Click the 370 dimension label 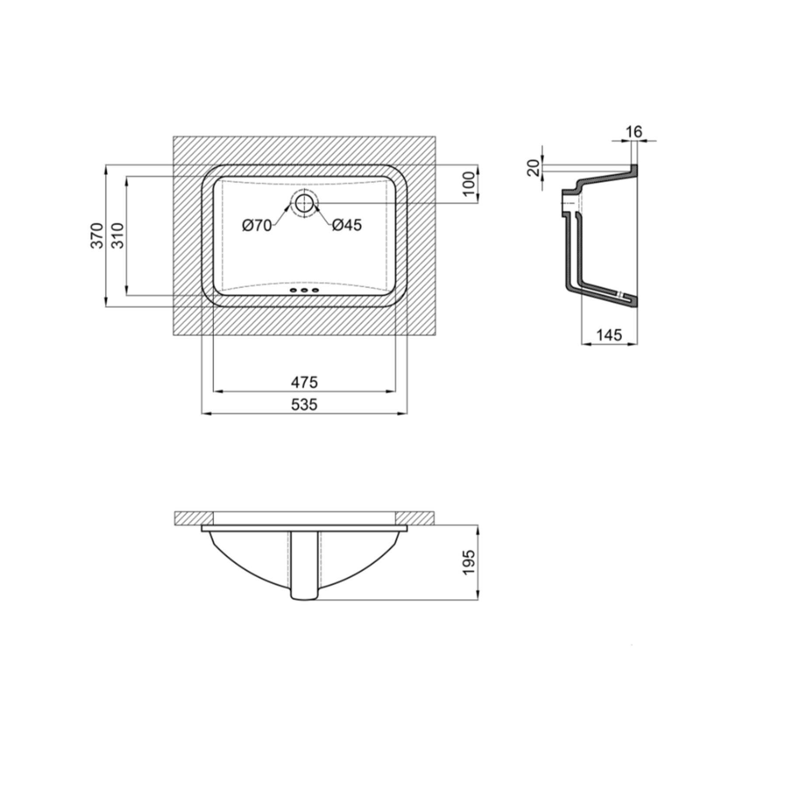97,236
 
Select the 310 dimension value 118,236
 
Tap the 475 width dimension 304,383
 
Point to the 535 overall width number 304,404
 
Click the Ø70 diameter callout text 257,226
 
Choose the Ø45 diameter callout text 347,225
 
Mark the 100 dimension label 468,184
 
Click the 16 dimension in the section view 634,132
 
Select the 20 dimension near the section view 534,168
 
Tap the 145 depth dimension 609,335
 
